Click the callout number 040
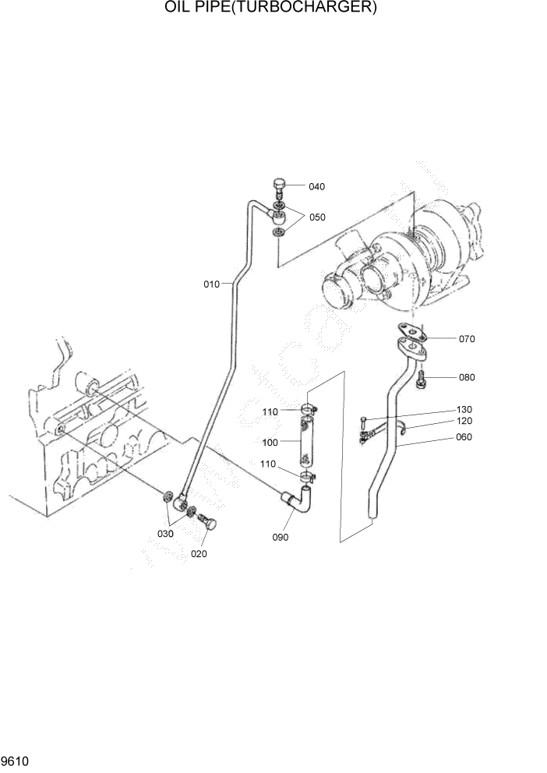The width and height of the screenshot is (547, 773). (316, 187)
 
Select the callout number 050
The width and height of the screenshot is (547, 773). (316, 217)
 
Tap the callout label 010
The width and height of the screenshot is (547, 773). (212, 284)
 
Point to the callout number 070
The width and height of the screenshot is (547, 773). (467, 339)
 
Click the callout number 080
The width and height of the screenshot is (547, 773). (467, 378)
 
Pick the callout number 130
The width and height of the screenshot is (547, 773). (464, 410)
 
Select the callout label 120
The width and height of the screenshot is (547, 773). (464, 421)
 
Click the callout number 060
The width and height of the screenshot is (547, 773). (464, 437)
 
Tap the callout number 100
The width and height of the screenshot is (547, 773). (270, 443)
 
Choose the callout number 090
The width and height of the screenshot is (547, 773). (281, 538)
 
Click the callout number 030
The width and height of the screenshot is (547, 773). (166, 534)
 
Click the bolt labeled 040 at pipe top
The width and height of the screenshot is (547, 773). (279, 185)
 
